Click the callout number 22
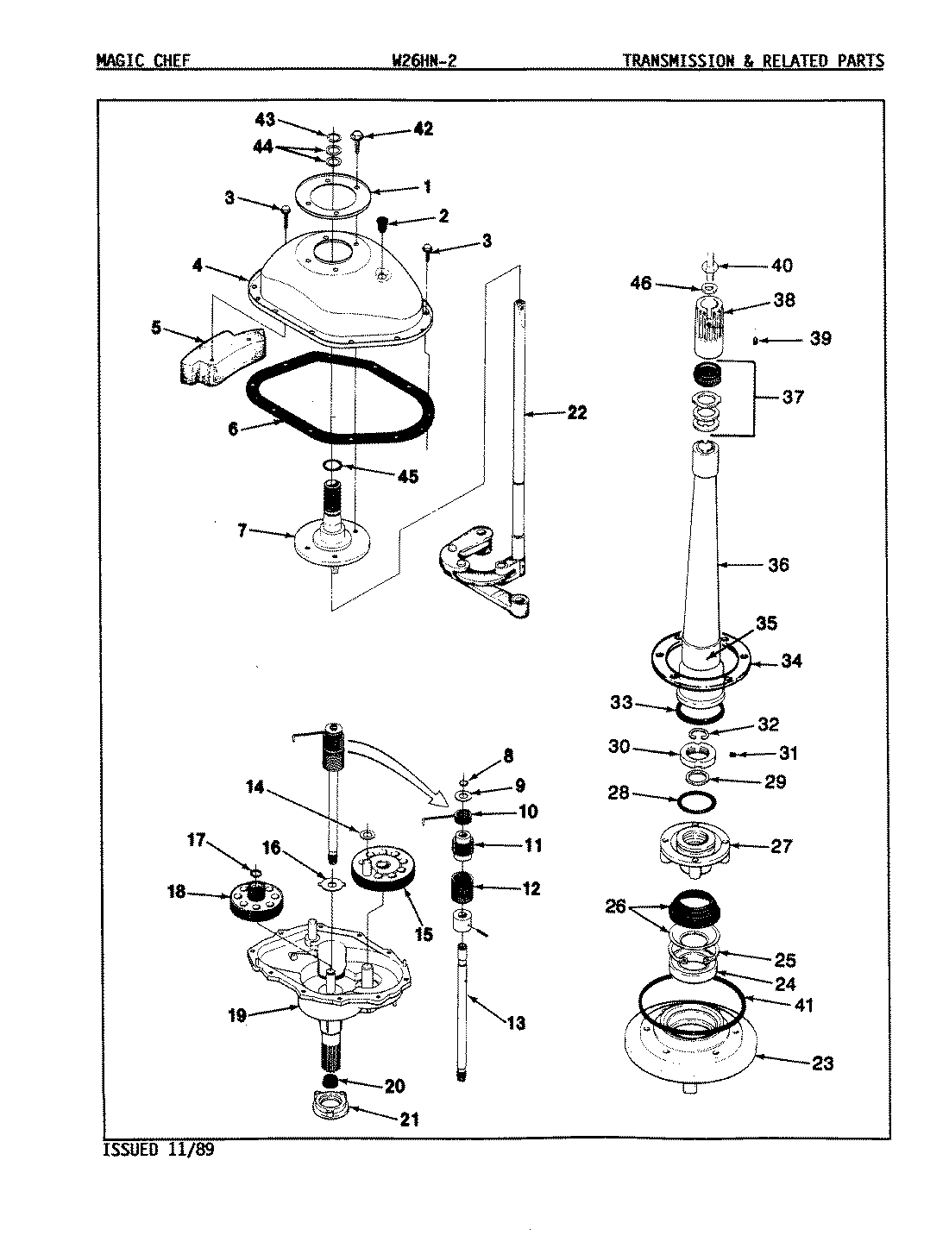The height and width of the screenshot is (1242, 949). [x=576, y=413]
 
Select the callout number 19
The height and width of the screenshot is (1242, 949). [x=237, y=1015]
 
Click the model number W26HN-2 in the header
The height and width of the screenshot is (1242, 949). [x=424, y=61]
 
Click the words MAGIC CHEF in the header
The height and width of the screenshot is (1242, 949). [x=141, y=61]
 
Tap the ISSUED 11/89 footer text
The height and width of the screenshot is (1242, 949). [x=158, y=1150]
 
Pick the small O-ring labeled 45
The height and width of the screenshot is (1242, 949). [x=331, y=466]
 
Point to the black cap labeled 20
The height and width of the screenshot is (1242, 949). [x=330, y=1081]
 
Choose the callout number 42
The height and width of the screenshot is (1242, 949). [x=422, y=129]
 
